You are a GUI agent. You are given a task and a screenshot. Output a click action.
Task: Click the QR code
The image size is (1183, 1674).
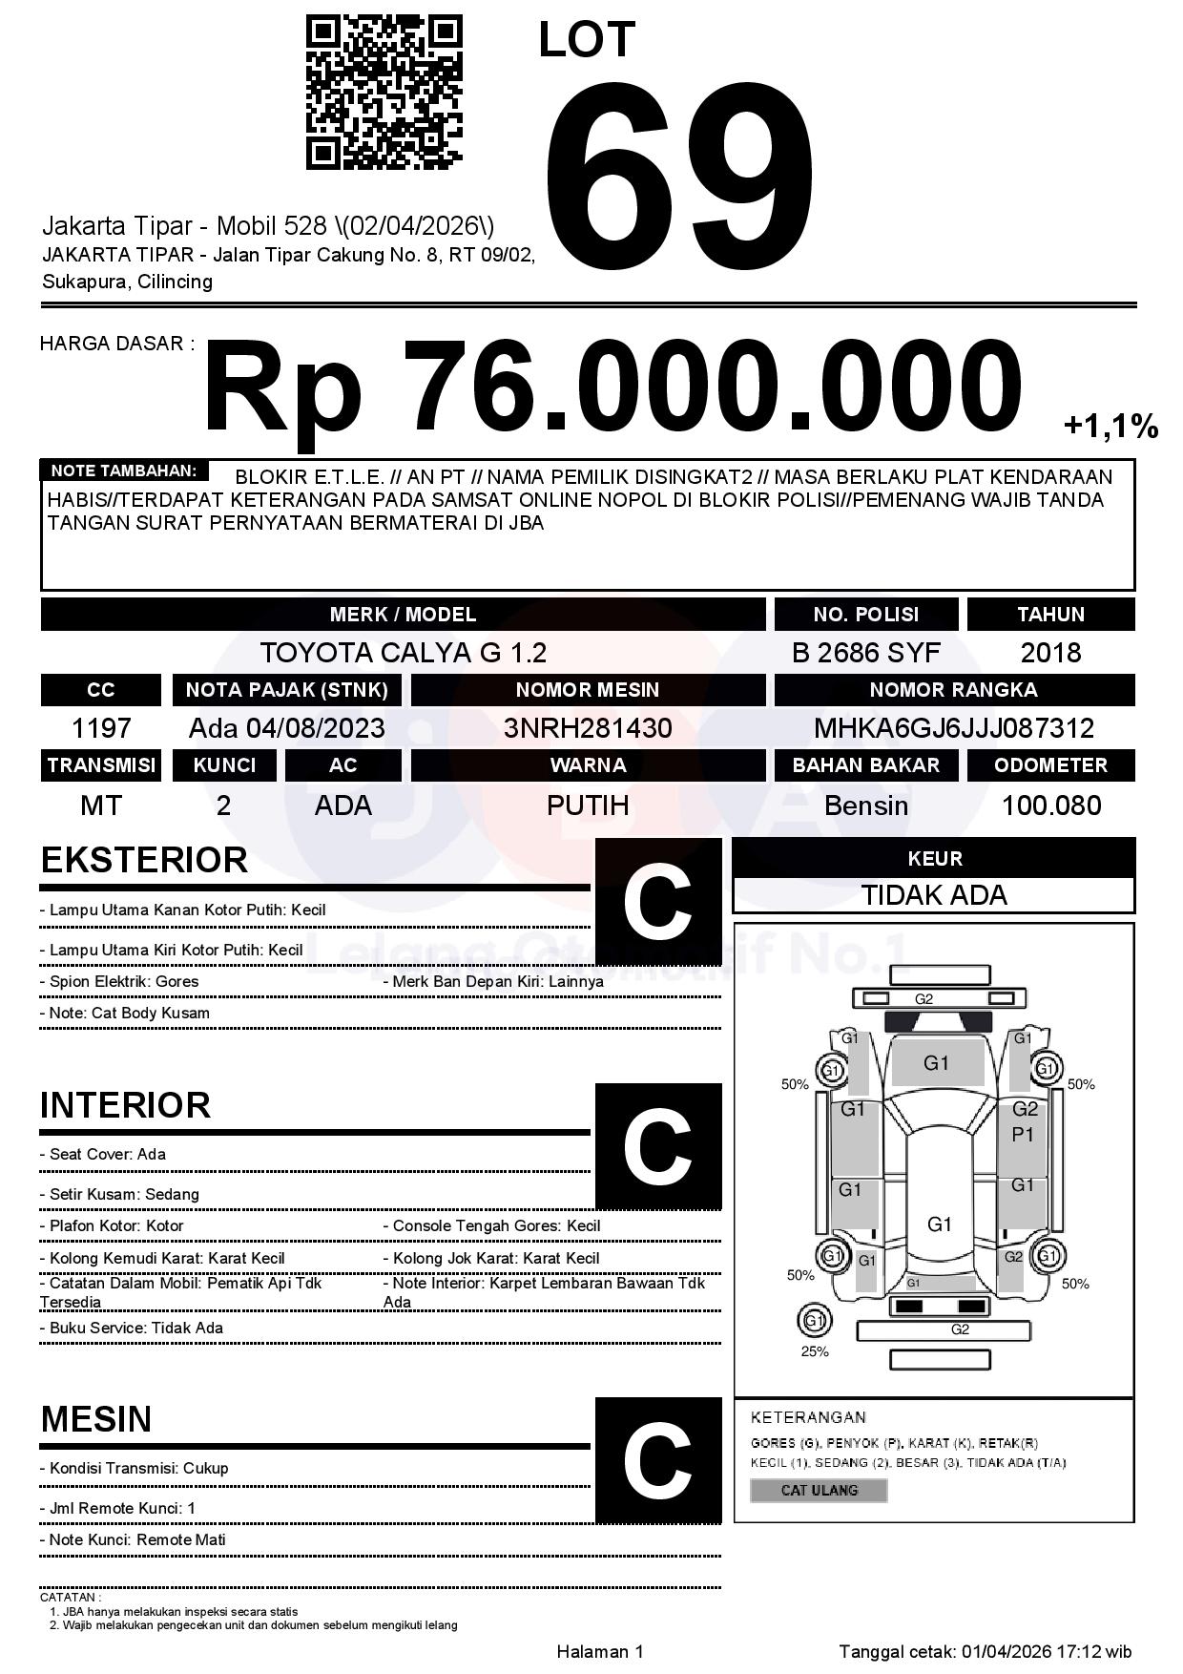click(384, 93)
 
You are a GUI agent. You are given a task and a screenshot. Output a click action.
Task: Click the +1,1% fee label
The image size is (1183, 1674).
click(1110, 426)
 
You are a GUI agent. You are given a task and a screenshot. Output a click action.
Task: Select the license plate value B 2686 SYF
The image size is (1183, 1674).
click(865, 653)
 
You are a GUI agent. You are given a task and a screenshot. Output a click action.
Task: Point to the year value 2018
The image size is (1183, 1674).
click(1050, 653)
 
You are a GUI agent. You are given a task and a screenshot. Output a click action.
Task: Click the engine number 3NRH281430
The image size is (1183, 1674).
click(588, 728)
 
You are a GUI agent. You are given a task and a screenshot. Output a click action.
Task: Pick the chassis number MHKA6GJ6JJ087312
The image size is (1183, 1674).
click(953, 728)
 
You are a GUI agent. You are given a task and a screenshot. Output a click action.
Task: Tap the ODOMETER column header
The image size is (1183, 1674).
click(1050, 765)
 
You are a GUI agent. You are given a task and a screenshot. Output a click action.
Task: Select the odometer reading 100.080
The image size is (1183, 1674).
click(1050, 806)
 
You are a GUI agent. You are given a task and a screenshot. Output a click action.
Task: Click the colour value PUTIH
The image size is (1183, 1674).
click(588, 806)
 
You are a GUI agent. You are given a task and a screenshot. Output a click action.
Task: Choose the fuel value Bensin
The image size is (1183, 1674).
click(865, 806)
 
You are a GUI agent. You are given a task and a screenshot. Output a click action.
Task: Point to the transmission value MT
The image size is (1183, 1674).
click(101, 806)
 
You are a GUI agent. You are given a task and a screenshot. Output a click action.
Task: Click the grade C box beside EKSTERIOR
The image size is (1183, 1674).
click(657, 902)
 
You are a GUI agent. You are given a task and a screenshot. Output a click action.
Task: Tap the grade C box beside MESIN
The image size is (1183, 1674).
click(657, 1459)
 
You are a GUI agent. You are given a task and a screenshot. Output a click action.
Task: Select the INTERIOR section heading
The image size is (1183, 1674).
click(125, 1105)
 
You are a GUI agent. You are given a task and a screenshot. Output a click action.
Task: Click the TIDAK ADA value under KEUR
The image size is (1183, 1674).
click(934, 895)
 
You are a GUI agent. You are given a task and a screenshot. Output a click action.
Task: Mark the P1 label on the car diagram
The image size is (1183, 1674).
click(1023, 1135)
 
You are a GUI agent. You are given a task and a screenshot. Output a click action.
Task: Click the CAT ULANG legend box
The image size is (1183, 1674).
click(819, 1490)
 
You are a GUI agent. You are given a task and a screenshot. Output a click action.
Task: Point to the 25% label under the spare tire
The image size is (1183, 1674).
click(814, 1351)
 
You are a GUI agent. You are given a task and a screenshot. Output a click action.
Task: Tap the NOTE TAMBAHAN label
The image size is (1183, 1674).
click(124, 471)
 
